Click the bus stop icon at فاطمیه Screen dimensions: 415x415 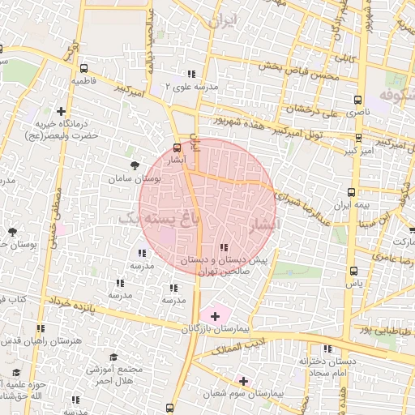[x=85, y=69]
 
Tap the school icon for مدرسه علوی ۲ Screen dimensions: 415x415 [x=190, y=74]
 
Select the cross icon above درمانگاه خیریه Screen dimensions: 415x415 [x=61, y=111]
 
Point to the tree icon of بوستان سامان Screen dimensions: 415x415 [x=135, y=164]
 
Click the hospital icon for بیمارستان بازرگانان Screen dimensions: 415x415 [x=215, y=314]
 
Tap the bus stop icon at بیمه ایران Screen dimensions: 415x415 [x=351, y=193]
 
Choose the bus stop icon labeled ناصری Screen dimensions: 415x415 [x=357, y=100]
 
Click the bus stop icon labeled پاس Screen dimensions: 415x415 [x=353, y=272]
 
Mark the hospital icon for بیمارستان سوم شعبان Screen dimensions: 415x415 [x=242, y=379]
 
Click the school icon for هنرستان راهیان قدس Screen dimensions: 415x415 [x=40, y=328]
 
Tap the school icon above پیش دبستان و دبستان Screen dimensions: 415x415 [x=224, y=248]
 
